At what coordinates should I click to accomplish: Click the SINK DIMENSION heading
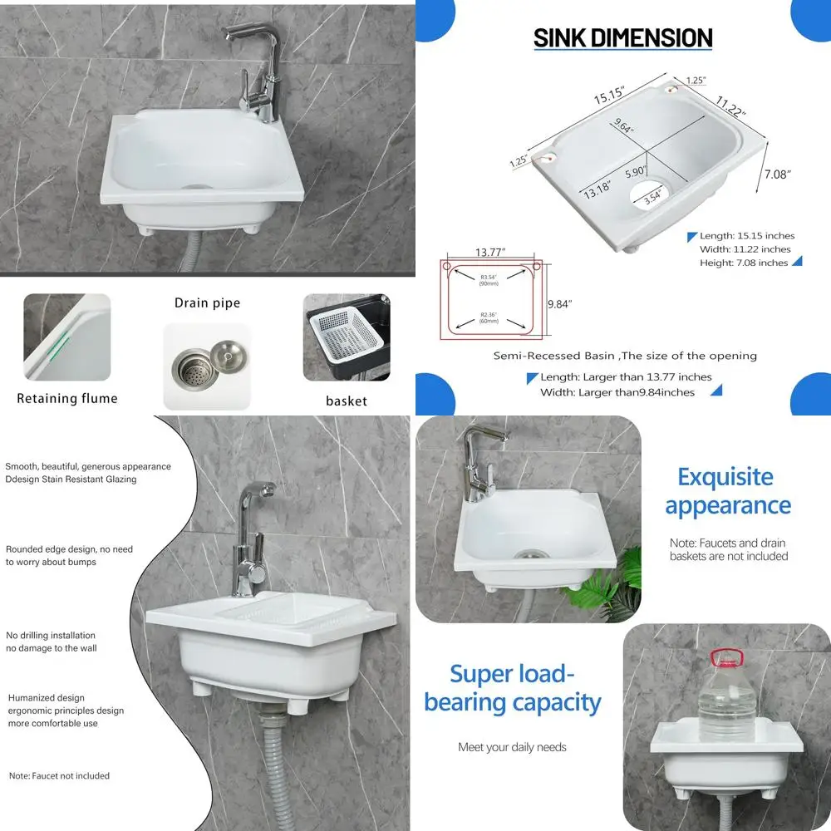622,38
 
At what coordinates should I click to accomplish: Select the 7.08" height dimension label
777,174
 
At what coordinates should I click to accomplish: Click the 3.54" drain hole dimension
652,197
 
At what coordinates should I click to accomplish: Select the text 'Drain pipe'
207,302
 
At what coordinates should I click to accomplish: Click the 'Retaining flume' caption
67,399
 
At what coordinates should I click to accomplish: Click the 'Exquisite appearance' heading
727,491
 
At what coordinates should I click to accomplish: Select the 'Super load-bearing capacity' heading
512,687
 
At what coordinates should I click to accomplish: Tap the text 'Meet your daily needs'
512,747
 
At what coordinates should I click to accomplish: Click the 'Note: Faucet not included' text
59,776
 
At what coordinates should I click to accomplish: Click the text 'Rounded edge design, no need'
69,549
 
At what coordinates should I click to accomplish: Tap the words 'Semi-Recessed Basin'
553,356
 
